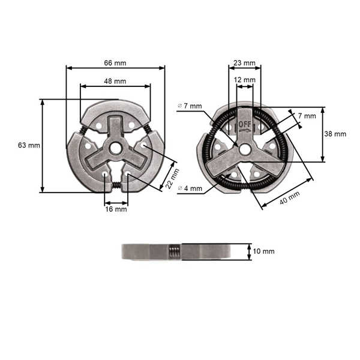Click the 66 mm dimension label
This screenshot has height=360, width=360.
tap(115, 62)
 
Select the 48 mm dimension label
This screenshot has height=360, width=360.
tap(115, 80)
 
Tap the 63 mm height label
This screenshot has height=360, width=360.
tap(29, 145)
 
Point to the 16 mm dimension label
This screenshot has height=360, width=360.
tap(116, 209)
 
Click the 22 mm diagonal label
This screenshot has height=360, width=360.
tap(172, 179)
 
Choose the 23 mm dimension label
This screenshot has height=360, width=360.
tap(244, 62)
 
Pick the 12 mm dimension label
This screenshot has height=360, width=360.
tap(244, 79)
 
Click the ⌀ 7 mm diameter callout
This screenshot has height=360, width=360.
tap(190, 106)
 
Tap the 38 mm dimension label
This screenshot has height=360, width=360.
tap(335, 134)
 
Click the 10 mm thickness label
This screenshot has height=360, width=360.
tap(264, 251)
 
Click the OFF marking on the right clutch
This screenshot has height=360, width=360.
tap(245, 124)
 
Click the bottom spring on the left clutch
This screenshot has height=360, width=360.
tap(116, 185)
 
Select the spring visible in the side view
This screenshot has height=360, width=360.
tap(174, 251)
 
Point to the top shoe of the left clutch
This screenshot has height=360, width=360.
tap(115, 109)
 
